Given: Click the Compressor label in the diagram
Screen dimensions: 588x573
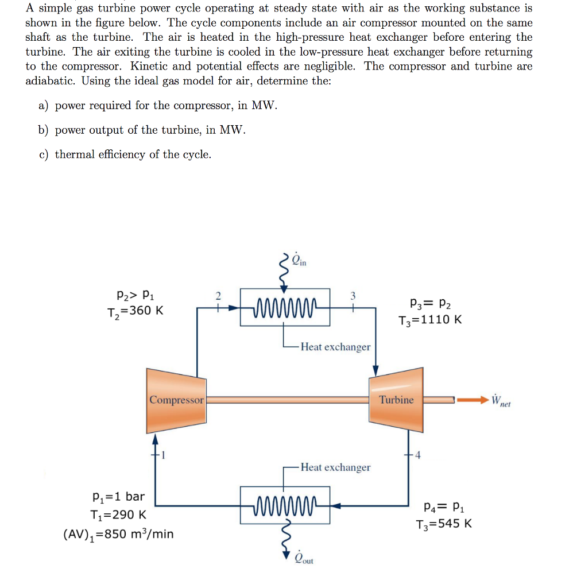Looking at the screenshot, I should tap(176, 400).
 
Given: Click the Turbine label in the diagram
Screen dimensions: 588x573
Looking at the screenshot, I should tap(396, 400).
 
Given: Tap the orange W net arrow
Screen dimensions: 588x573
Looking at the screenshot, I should tap(472, 399).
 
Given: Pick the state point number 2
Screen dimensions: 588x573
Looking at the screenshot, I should tap(218, 296).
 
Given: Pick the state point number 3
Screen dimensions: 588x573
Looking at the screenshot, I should tap(353, 296).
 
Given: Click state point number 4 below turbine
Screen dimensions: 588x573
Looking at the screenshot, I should tap(417, 456).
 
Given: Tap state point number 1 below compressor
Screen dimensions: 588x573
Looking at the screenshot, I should tap(162, 456).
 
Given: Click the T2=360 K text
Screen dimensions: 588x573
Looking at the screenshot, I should tap(135, 311).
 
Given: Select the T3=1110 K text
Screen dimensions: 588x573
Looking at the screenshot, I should tap(430, 320).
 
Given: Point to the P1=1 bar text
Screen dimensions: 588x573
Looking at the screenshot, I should tap(118, 496).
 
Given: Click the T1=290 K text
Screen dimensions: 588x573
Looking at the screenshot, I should tap(118, 515).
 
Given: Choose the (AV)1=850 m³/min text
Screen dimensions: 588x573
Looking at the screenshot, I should tap(118, 534).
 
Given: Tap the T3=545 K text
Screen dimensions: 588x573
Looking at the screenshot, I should tap(444, 524).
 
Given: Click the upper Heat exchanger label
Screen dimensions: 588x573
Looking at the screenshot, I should tap(335, 347).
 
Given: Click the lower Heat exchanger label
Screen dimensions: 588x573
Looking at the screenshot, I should tap(335, 467).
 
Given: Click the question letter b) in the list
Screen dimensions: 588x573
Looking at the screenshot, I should tap(43, 130).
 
